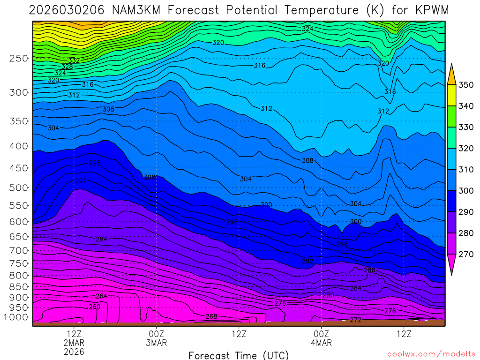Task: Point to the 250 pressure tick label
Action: pyautogui.click(x=19, y=59)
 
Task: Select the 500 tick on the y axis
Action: pyautogui.click(x=19, y=188)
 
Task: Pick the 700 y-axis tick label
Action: pyautogui.click(x=19, y=250)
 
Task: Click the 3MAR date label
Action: pyautogui.click(x=157, y=343)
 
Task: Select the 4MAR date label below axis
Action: pyautogui.click(x=322, y=343)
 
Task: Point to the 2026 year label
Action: pyautogui.click(x=74, y=351)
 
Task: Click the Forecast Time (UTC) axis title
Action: pyautogui.click(x=239, y=355)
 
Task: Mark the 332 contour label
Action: pyautogui.click(x=74, y=61)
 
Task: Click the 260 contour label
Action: pyautogui.click(x=95, y=307)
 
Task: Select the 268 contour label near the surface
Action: pyautogui.click(x=211, y=316)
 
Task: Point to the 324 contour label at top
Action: pyautogui.click(x=307, y=29)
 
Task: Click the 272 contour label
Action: pyautogui.click(x=356, y=320)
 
